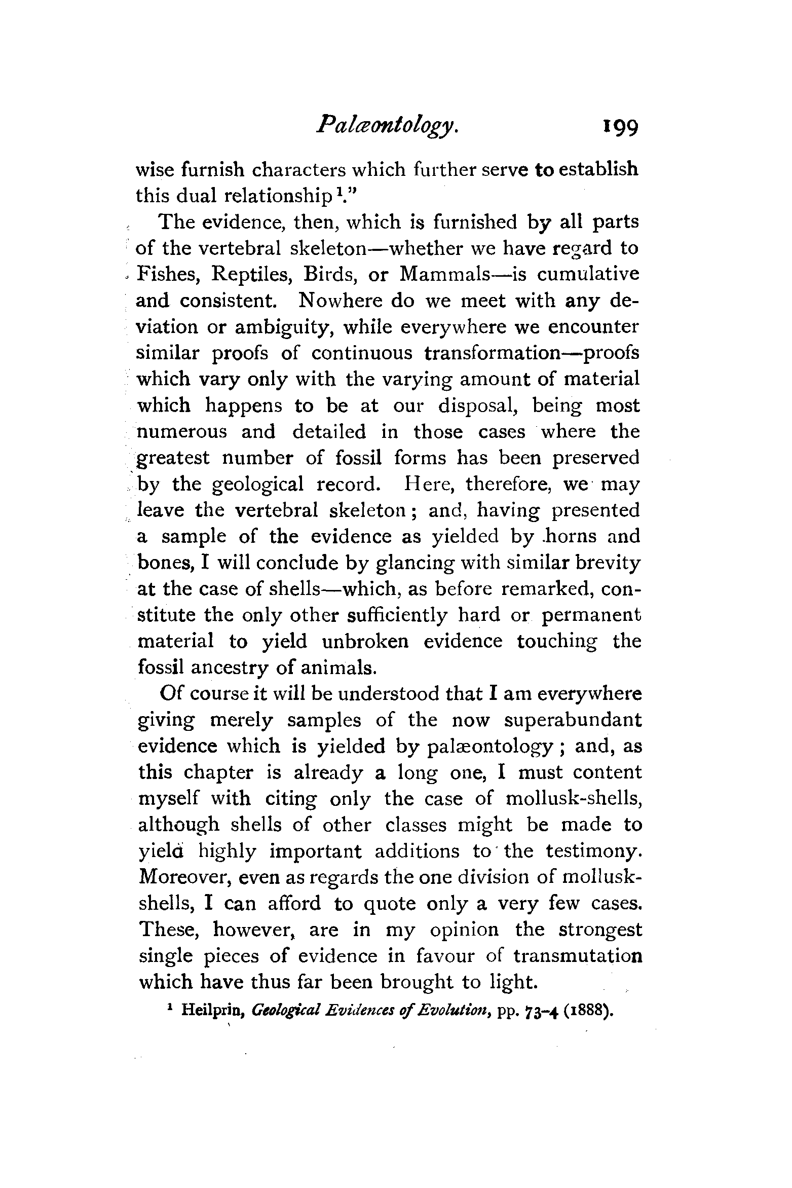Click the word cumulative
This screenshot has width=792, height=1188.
click(588, 274)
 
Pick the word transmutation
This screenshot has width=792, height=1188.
click(578, 956)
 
